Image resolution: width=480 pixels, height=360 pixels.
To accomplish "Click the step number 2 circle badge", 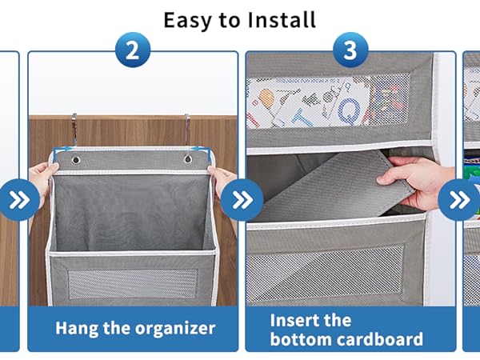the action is pos(133,50).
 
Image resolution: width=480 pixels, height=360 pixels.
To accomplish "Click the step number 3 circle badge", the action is pos(350,50).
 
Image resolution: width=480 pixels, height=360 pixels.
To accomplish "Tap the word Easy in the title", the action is pos(187,21).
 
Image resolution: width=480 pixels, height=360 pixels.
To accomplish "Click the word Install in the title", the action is pos(282,20).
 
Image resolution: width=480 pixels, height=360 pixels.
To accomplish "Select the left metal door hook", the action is pos(74,129).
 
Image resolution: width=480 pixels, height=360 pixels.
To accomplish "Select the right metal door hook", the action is pos(187,129).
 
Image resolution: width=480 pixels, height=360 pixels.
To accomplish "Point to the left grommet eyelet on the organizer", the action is pos(75,160).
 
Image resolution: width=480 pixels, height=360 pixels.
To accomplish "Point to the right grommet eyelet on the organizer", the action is pos(188,159).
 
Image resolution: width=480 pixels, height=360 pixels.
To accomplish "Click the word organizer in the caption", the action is pos(175,329).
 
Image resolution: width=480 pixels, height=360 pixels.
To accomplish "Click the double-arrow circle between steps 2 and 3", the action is pos(242,200).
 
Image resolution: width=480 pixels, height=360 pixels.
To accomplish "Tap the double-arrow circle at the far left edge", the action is pos(19,200).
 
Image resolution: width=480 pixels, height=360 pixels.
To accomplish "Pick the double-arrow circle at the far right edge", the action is pos(459,200).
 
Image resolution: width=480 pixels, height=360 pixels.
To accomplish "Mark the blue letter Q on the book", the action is pos(350,111).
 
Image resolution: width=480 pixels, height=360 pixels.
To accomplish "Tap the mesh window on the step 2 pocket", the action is pos(133,284).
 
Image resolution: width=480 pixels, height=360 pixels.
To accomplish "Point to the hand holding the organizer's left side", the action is pos(43,181).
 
